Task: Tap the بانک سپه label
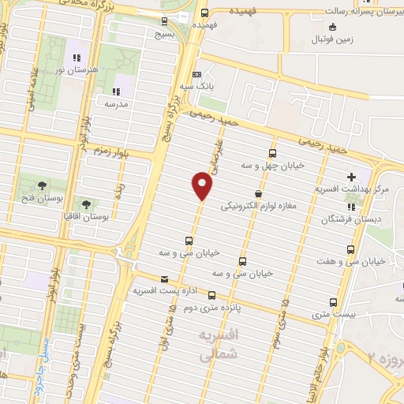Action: click(196, 85)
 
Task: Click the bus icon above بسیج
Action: click(164, 22)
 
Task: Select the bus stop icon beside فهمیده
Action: click(204, 13)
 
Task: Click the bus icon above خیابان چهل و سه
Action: click(273, 153)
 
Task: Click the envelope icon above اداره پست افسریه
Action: click(164, 279)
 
